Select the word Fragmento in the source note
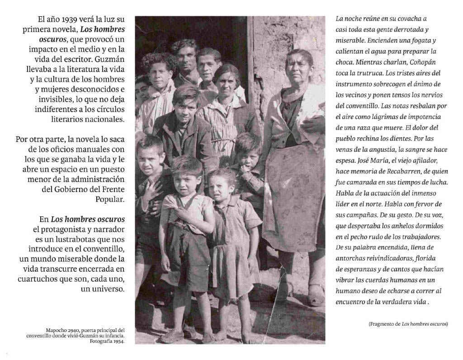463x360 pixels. pyautogui.click(x=384, y=324)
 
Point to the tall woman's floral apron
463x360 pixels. pyautogui.click(x=294, y=199)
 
